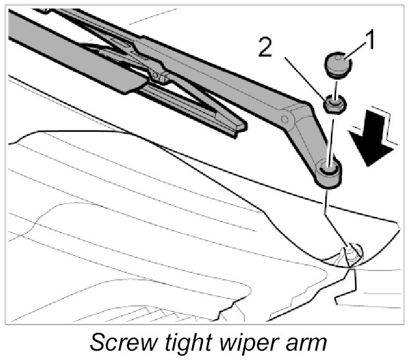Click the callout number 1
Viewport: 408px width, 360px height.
[370, 42]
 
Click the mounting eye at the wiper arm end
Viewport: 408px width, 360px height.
[329, 170]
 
